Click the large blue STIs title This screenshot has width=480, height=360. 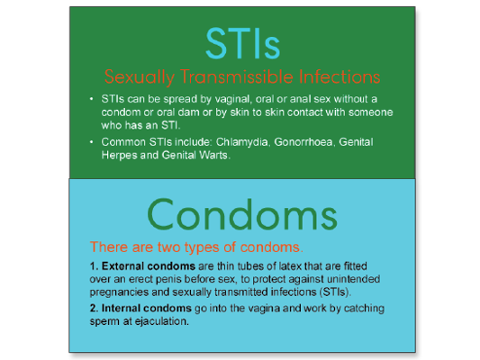coord(243,43)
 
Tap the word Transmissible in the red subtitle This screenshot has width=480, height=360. coord(237,76)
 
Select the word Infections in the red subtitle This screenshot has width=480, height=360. coord(340,76)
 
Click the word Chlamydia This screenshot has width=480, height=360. coord(242,142)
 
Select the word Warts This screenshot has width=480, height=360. coord(214,156)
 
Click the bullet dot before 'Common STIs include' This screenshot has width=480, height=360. coord(91,142)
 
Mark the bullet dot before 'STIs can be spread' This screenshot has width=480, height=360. coord(91,99)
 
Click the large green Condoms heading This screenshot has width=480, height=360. coord(242,214)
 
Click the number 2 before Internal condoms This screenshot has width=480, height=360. coord(93,308)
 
